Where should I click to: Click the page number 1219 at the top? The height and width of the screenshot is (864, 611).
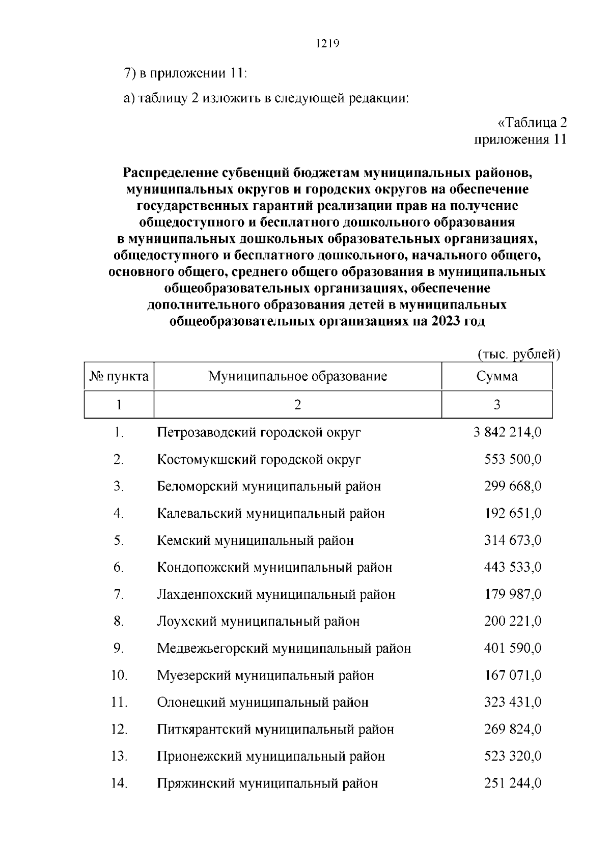[x=327, y=44]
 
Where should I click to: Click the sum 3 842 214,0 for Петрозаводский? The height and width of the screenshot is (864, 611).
[x=507, y=432]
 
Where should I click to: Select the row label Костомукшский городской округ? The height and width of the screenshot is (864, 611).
[x=259, y=459]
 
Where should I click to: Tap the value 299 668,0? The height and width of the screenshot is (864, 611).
[x=512, y=486]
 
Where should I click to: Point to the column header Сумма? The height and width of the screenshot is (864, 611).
[x=497, y=376]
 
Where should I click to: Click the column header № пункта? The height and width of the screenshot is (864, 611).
[x=119, y=376]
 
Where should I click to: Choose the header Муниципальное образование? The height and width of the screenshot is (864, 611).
[x=297, y=376]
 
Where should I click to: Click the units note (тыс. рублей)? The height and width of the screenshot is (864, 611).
[x=518, y=354]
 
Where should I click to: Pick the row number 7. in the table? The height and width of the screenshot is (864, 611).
[x=119, y=594]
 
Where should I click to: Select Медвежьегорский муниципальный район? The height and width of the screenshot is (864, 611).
[x=284, y=648]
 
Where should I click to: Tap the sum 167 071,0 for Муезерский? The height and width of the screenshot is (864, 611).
[x=512, y=675]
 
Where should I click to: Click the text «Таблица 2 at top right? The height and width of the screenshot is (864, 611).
[x=532, y=123]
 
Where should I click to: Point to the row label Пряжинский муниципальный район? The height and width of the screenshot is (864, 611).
[x=267, y=783]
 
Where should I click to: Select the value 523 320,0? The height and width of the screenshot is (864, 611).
[x=512, y=756]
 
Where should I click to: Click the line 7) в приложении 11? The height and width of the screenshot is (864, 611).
[x=185, y=73]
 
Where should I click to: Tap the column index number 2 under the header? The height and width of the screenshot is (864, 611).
[x=297, y=405]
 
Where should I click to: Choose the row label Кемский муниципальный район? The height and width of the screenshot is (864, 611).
[x=255, y=540]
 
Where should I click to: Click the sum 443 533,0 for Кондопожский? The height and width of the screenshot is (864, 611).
[x=512, y=567]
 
